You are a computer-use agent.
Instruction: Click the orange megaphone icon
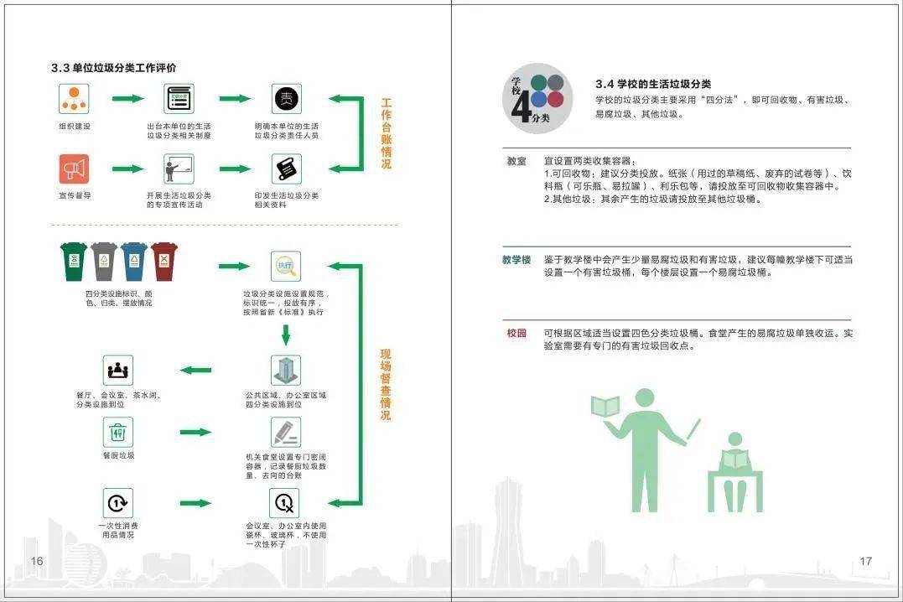click(74, 169)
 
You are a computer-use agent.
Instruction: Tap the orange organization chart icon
click(74, 98)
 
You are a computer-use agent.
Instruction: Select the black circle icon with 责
click(286, 98)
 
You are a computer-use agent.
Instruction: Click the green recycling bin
click(74, 262)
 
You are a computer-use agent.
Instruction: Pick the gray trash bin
click(104, 262)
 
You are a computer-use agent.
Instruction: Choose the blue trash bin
click(134, 262)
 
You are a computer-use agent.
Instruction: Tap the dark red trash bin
click(164, 262)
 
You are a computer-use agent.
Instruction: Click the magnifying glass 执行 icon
click(286, 266)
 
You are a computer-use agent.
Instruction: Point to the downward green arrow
click(286, 335)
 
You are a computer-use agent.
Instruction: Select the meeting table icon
click(118, 370)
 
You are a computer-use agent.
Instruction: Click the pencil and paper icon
click(286, 432)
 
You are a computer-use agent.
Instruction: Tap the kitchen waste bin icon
click(118, 432)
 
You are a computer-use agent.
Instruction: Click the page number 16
click(37, 561)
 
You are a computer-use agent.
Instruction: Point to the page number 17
click(865, 561)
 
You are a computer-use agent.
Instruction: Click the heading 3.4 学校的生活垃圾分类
click(653, 84)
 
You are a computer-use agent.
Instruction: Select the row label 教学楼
click(516, 260)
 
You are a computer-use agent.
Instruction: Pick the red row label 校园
click(516, 333)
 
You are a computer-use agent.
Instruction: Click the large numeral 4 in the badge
click(522, 106)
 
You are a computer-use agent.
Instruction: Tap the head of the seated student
click(734, 439)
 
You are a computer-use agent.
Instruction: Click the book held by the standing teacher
click(605, 406)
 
